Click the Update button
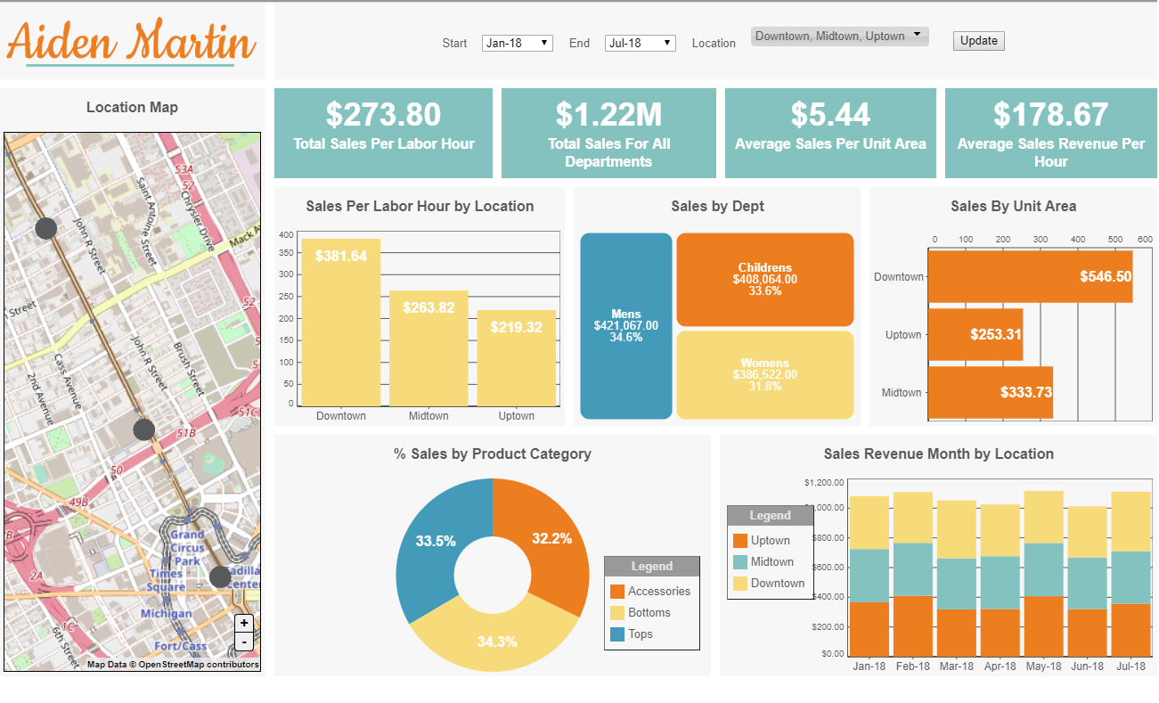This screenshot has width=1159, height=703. (x=978, y=41)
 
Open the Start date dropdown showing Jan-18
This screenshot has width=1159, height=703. (x=518, y=43)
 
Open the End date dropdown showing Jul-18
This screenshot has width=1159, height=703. (x=640, y=43)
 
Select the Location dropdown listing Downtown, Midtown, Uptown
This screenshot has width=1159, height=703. (x=839, y=37)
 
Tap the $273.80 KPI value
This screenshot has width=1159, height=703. (x=383, y=115)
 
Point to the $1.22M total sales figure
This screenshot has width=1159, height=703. (x=608, y=115)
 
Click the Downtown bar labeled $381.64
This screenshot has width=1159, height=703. (x=341, y=321)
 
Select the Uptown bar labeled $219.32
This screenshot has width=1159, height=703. (x=517, y=356)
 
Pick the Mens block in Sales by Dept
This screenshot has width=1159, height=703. (x=626, y=325)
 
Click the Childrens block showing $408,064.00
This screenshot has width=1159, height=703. (x=764, y=279)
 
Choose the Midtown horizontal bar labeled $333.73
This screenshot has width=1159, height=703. (x=991, y=392)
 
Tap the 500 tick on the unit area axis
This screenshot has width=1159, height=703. (x=1114, y=240)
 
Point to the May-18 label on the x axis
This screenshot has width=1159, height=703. (x=1043, y=666)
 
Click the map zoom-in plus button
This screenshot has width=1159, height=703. (x=244, y=624)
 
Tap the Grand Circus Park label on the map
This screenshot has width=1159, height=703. (x=187, y=548)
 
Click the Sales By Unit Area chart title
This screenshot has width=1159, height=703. (x=1013, y=206)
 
